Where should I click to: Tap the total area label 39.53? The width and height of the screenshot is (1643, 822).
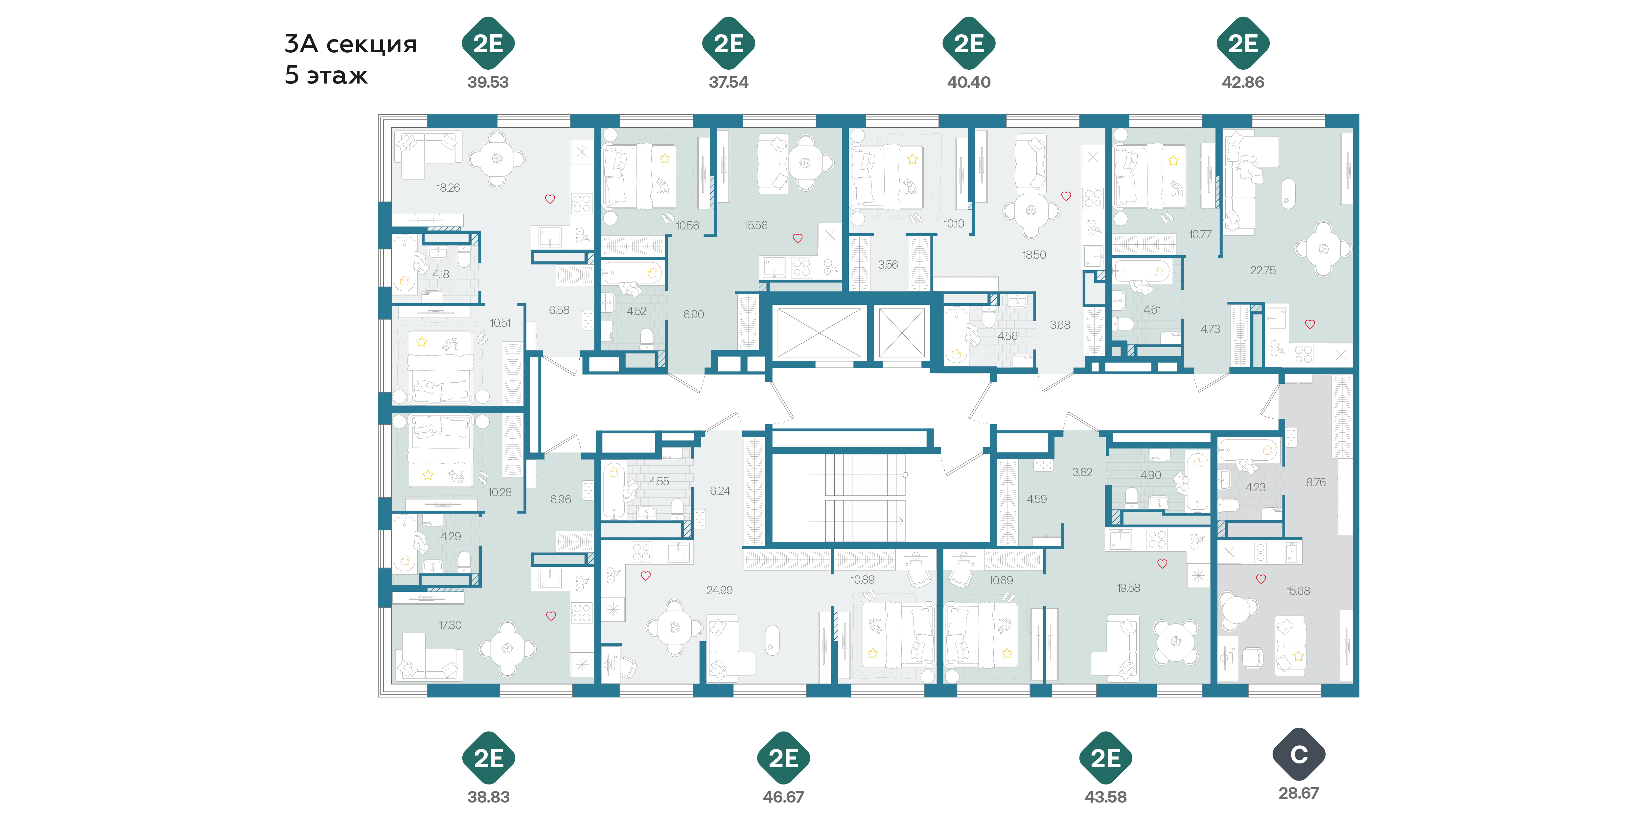pos(488,82)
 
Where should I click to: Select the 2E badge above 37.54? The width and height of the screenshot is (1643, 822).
pos(729,43)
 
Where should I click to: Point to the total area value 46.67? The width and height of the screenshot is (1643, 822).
pos(783,797)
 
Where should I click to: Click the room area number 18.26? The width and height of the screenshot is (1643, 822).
pos(448,188)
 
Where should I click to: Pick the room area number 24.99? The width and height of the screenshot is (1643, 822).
pos(719,590)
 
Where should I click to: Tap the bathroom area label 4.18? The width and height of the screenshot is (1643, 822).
pos(440,275)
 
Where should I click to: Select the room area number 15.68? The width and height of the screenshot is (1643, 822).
pos(1298,591)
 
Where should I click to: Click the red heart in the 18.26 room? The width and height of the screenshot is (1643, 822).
pos(550,199)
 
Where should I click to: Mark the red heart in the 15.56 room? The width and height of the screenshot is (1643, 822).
pos(797,238)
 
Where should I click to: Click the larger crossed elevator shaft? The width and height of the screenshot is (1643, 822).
pos(819,332)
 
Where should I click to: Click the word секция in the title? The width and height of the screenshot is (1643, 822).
pos(372,45)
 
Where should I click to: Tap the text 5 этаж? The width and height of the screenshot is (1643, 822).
pos(326,75)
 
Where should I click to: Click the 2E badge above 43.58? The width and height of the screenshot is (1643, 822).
pos(1105,758)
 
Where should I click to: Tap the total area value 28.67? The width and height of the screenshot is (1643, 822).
pos(1299,793)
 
